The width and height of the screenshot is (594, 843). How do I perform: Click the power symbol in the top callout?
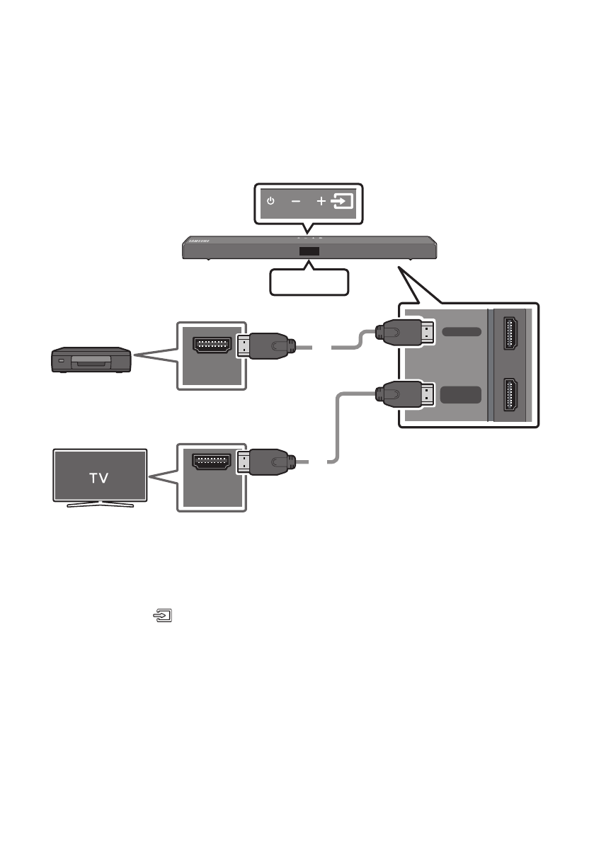(270, 202)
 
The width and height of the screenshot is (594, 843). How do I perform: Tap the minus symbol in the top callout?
(295, 202)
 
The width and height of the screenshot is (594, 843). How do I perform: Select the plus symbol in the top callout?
(321, 202)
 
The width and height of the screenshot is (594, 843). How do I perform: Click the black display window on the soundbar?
(308, 252)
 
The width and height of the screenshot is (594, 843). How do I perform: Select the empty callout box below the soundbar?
(310, 282)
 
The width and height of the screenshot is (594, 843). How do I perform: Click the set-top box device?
(91, 360)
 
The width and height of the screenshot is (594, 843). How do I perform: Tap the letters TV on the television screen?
(98, 477)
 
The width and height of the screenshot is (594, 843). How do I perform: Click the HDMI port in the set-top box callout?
(212, 344)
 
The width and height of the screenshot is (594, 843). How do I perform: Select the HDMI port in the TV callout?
(212, 462)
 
